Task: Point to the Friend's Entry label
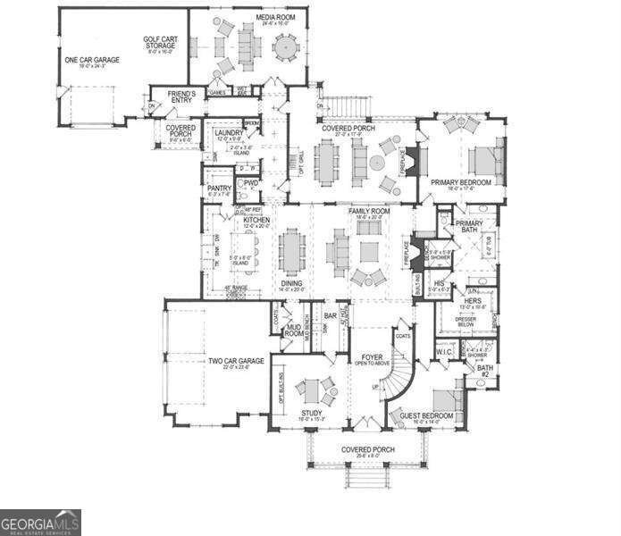181,96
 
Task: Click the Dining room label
291,285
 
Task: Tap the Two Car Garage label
236,362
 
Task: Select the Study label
312,414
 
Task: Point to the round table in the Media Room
286,44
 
